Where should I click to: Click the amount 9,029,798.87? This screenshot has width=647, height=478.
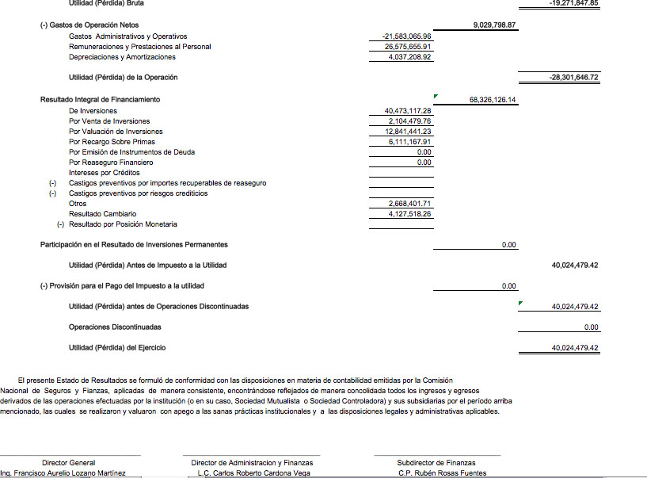494,25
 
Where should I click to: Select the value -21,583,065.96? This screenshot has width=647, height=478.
406,36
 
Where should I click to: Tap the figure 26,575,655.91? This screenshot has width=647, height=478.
407,47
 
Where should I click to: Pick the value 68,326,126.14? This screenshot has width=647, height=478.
493,100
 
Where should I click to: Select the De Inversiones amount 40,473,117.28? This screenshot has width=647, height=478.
407,111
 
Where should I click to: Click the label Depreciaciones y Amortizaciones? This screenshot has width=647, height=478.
123,57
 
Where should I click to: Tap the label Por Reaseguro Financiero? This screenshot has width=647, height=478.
111,163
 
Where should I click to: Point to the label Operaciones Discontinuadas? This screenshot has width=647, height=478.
115,327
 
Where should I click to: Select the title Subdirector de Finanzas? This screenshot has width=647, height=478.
436,463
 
